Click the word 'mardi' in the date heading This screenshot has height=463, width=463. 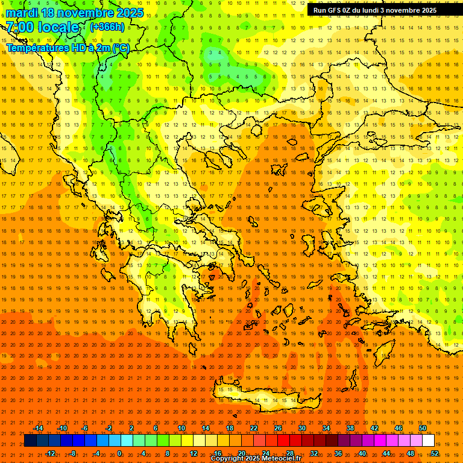[22, 13]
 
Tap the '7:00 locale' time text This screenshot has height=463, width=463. [42, 27]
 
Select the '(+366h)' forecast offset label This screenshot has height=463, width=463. [107, 27]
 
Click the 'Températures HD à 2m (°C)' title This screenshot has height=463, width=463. [68, 48]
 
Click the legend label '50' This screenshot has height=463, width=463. [423, 428]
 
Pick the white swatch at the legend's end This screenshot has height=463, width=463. [428, 441]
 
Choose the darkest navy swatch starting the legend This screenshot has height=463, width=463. [30, 441]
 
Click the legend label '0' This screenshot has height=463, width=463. [119, 453]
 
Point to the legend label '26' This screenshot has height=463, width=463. [278, 428]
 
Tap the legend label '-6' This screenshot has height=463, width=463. [84, 428]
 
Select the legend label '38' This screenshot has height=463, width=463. [350, 428]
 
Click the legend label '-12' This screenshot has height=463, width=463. [51, 453]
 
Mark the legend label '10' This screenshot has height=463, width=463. [181, 428]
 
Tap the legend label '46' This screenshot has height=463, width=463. [398, 428]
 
